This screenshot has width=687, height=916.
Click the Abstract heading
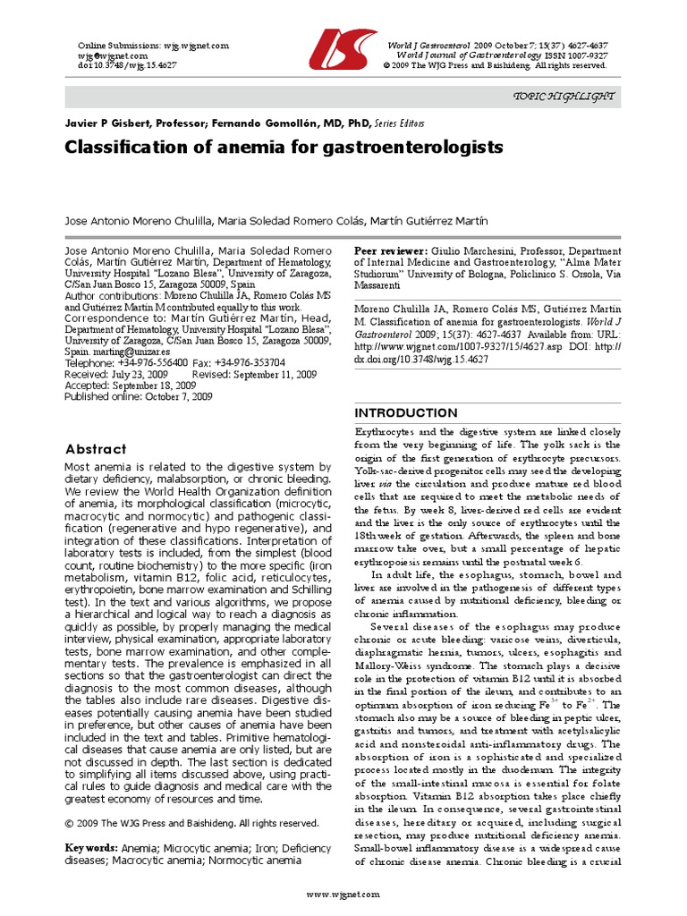click(96, 449)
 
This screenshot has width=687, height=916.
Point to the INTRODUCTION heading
click(406, 412)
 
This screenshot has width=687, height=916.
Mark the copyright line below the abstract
click(192, 823)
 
